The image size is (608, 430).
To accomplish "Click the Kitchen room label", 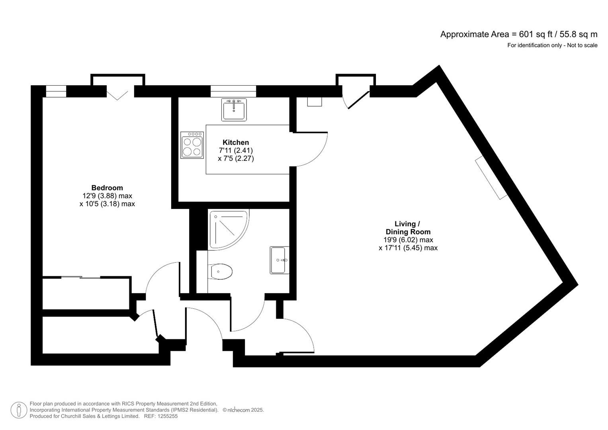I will [235, 143].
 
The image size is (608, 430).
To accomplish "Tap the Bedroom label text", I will [107, 188].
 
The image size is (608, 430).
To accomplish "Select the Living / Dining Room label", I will [408, 228].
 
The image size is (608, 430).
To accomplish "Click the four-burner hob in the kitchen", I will [192, 145].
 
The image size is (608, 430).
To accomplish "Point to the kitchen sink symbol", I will [234, 109].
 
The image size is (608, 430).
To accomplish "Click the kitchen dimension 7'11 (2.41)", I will [236, 150].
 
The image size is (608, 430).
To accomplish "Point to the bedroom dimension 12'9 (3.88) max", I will [107, 196].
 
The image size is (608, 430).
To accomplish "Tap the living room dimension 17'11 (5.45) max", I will [408, 248].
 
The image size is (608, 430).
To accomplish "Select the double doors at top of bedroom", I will [117, 95].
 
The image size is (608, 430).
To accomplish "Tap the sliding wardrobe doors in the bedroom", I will [81, 277].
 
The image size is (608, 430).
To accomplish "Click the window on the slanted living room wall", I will [491, 178].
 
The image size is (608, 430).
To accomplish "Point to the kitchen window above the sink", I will [233, 91].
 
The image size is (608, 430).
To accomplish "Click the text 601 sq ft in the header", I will [532, 34].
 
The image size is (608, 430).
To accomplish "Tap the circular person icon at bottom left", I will [18, 410].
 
